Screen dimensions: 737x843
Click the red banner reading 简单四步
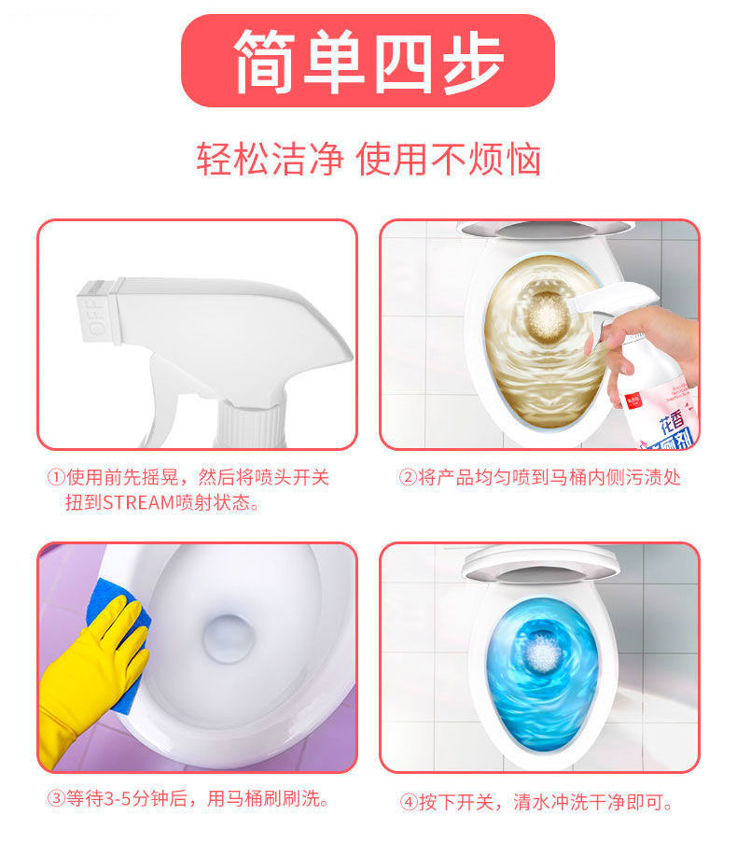368,61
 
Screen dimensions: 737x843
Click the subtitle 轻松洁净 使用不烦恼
368,159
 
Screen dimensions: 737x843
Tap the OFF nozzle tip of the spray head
99,311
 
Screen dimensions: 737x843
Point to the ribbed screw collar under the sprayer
250,425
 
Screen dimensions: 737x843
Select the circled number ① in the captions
56,477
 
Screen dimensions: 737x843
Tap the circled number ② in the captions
408,477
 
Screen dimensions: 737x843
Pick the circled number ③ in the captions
56,799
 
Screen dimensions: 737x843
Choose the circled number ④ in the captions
409,802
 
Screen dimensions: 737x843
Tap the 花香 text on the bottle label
672,422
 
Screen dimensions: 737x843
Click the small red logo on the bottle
634,400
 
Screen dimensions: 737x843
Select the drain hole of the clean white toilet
228,639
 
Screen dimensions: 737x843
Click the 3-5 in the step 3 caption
118,799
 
